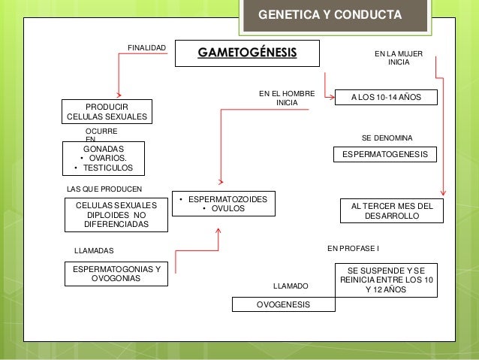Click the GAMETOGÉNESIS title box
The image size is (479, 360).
tap(247, 53)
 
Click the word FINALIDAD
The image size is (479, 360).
tap(146, 48)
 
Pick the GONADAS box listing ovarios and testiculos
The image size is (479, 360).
tap(102, 159)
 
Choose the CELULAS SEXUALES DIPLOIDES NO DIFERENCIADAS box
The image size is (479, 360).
tap(116, 214)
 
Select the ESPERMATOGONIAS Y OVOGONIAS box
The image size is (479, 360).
tap(116, 274)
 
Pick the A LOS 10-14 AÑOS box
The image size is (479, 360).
tap(387, 98)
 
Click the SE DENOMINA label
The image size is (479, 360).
tap(387, 138)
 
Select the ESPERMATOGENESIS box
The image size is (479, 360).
tap(384, 155)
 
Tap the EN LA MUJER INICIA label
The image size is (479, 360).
tap(399, 58)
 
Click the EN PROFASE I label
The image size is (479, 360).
tap(354, 247)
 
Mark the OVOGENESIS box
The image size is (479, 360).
tap(283, 304)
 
